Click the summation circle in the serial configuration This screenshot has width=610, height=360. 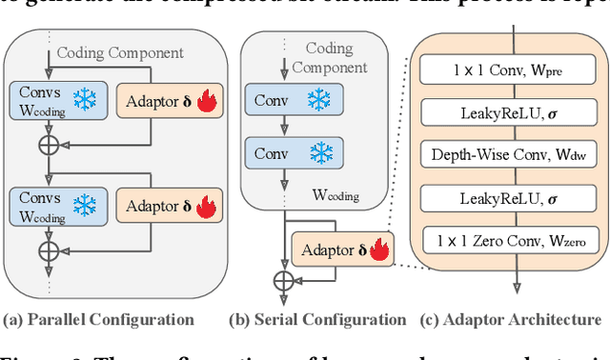[x=283, y=280]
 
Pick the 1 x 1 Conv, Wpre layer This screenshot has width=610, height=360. [x=514, y=70]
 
